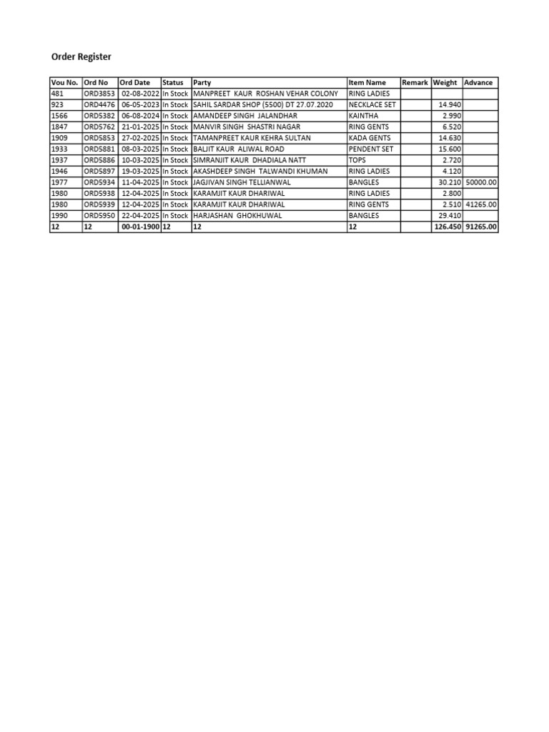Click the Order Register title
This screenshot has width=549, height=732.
pos(81,56)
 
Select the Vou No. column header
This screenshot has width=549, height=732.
pos(64,82)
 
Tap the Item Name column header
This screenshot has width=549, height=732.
pos(367,82)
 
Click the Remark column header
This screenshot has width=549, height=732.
pos(415,82)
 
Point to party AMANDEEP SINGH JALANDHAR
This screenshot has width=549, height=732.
pos(244,116)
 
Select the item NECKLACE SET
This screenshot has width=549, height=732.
pos(372,104)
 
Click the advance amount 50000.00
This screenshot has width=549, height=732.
pos(480,182)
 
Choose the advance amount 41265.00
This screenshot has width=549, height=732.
pos(480,204)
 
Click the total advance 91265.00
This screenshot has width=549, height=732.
pos(480,227)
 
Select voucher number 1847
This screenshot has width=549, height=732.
pos(59,127)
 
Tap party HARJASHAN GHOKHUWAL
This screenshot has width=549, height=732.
pos(237,215)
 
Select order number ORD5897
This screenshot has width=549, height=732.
pos(99,171)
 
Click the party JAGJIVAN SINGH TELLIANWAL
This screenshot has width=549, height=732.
pos(242,182)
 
